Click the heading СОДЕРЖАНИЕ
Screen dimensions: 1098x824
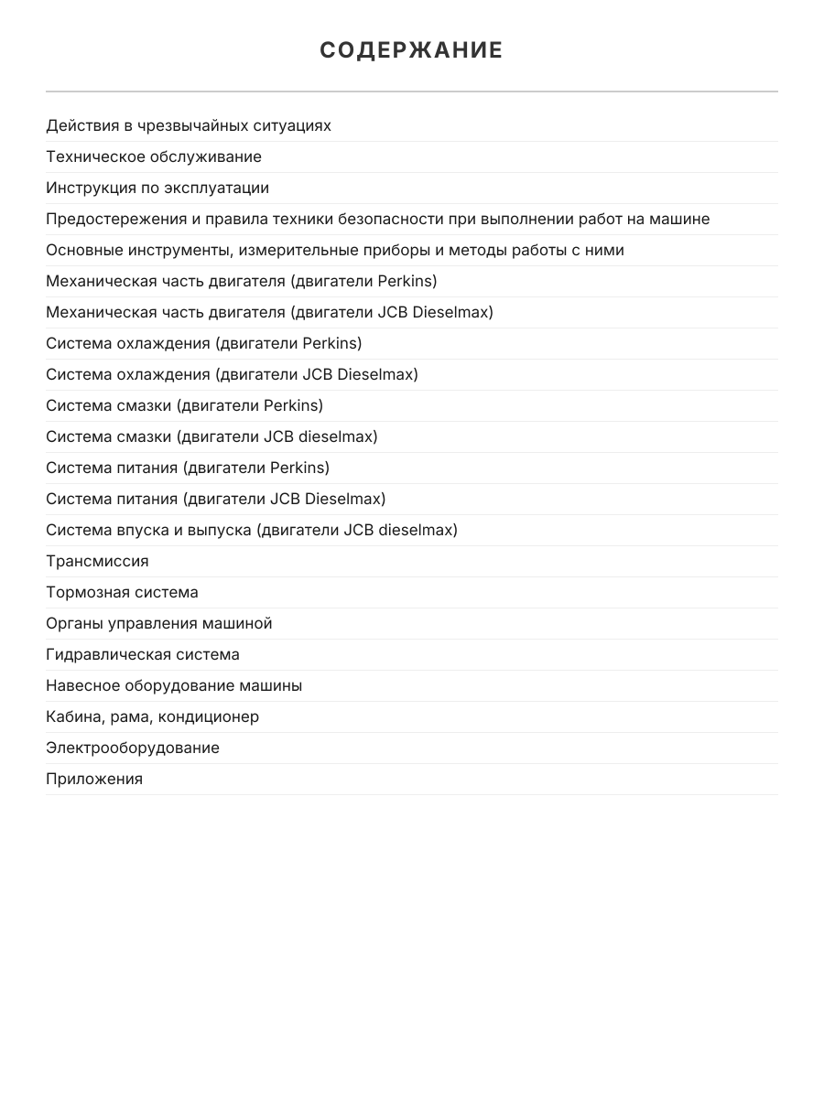[x=411, y=50]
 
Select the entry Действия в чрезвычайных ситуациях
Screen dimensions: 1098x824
[x=189, y=125]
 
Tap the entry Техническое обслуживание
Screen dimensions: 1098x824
[x=154, y=156]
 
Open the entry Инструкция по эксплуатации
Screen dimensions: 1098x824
[x=157, y=188]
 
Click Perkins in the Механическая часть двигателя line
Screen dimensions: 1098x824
[x=403, y=281]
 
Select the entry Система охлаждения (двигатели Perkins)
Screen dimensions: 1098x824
[x=204, y=343]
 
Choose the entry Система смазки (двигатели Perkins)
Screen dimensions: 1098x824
[x=184, y=405]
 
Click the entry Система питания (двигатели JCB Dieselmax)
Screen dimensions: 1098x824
[x=216, y=499]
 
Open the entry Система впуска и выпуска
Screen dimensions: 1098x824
[x=252, y=530]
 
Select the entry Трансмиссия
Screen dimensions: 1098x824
[x=97, y=561]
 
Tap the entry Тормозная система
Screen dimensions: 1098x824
[x=122, y=592]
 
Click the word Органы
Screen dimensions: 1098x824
[x=73, y=623]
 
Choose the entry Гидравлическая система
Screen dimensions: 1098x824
[x=143, y=654]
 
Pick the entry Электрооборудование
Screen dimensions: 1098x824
[x=133, y=748]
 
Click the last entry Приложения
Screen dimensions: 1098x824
[x=94, y=779]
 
